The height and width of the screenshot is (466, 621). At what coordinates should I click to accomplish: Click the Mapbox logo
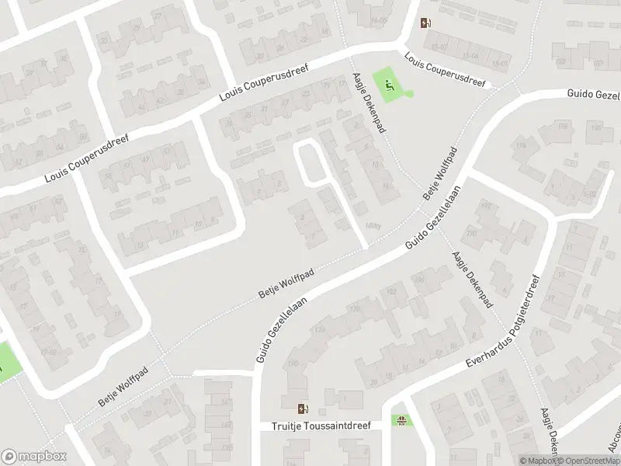[33, 456]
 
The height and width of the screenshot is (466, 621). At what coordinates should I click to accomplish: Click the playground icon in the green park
[389, 86]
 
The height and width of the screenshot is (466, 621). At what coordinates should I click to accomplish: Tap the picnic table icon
[401, 422]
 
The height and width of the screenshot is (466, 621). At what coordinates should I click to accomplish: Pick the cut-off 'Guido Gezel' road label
[591, 94]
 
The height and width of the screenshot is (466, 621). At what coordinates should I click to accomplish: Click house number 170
[293, 364]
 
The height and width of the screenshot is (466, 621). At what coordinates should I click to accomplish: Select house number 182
[391, 291]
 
